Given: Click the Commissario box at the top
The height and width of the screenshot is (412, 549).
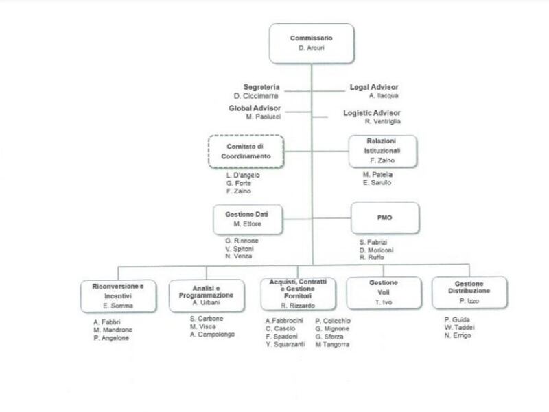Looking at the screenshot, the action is click(x=312, y=43).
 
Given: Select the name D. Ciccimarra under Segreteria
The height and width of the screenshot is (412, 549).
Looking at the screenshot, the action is click(x=256, y=96).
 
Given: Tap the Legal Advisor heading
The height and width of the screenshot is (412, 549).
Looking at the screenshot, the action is click(x=374, y=87).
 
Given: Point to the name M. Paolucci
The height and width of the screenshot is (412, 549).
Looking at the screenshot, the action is click(x=264, y=117).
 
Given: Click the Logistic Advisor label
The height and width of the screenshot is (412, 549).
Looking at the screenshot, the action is click(x=372, y=113).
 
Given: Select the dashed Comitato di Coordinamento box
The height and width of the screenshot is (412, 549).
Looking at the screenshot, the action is click(x=246, y=152).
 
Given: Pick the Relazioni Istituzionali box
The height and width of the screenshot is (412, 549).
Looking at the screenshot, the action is click(x=383, y=151).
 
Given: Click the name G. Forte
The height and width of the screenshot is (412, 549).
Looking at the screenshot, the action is click(x=238, y=183).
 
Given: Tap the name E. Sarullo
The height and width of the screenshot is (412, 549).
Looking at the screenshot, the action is click(x=377, y=182).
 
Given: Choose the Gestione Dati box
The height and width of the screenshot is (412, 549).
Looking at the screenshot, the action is click(x=248, y=219).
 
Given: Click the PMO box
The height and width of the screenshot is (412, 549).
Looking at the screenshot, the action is click(x=385, y=218).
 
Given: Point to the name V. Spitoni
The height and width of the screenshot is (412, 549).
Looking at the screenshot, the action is click(x=240, y=249).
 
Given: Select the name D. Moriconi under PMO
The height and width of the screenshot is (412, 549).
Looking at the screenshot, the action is click(x=376, y=250).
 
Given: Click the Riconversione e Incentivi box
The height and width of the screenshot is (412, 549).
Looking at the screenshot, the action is click(x=118, y=296).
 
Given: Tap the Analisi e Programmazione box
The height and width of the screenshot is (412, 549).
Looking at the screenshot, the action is click(x=207, y=295).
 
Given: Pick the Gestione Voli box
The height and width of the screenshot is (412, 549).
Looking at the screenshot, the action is click(x=384, y=293).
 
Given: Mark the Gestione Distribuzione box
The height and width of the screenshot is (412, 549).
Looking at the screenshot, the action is click(x=469, y=293).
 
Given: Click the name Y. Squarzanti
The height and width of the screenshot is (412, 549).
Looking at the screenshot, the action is click(x=285, y=345).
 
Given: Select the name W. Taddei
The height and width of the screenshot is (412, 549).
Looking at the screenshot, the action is click(x=459, y=328).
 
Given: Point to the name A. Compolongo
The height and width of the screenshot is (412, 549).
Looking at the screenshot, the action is click(x=212, y=335).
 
